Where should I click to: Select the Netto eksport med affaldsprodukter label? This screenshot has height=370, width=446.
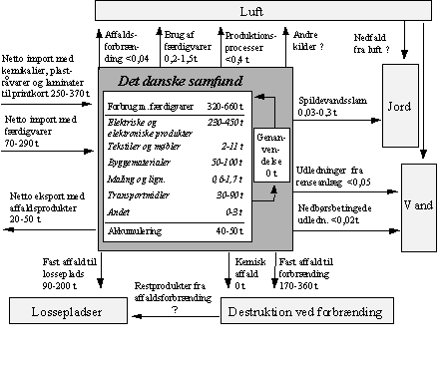click(48, 196)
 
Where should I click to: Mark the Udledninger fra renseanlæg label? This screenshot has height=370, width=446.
click(338, 176)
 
